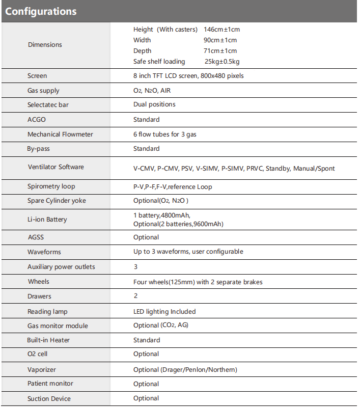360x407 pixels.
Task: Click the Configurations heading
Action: coord(41,11)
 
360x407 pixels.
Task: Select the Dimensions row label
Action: coord(45,45)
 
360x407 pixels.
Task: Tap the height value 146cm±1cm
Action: coord(221,30)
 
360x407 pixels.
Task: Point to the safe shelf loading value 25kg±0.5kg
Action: coord(221,62)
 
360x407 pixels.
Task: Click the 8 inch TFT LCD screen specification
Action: coord(188,76)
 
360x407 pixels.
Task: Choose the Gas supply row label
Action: coord(43,91)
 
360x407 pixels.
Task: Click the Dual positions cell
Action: coord(154,104)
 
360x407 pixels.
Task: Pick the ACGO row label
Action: coord(36,120)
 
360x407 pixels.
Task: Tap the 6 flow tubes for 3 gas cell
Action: coord(165,134)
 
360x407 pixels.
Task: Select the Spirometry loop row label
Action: coord(51,187)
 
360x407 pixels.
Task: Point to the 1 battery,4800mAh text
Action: coord(161,215)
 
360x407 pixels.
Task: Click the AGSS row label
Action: coord(36,237)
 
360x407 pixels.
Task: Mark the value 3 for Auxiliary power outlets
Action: coord(135,267)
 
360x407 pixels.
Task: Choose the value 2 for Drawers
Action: coord(135,296)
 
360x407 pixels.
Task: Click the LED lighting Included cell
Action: coord(164,311)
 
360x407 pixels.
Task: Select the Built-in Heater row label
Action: coord(48,340)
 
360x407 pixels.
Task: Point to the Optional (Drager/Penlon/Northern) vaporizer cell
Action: coord(185,370)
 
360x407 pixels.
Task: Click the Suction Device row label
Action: coord(49,399)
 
